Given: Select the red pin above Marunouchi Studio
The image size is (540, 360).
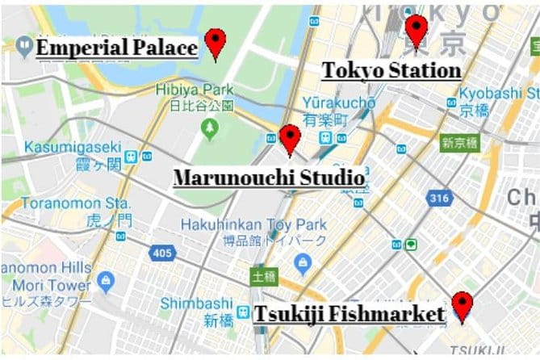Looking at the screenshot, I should [x=290, y=137].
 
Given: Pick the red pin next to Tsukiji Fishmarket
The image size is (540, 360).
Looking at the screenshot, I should [x=462, y=304].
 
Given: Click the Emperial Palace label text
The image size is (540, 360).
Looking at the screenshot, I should [x=117, y=48].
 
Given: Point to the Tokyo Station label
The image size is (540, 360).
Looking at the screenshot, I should [x=391, y=70].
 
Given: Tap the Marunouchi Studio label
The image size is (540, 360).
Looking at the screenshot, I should [x=269, y=177].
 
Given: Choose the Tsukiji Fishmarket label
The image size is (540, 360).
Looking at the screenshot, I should [x=350, y=313].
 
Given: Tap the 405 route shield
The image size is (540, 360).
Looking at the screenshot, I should [x=161, y=253].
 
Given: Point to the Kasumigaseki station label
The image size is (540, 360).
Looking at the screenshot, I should [x=73, y=148].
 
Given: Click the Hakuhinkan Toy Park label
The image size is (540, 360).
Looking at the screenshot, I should [x=253, y=224].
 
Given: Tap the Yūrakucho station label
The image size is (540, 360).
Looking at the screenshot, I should [x=339, y=103].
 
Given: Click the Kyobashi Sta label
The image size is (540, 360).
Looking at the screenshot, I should [x=499, y=94].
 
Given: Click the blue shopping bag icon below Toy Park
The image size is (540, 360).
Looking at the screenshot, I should [x=303, y=261].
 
